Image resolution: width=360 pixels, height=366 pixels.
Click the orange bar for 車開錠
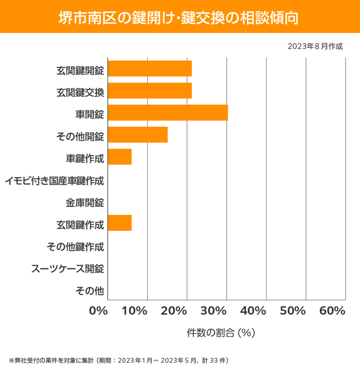(x=168, y=112)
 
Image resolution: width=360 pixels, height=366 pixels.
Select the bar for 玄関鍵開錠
(x=150, y=68)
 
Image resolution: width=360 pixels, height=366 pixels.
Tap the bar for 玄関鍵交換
(x=150, y=91)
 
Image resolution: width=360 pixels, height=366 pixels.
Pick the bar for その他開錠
(x=138, y=135)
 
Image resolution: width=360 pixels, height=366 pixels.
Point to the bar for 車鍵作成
(x=120, y=157)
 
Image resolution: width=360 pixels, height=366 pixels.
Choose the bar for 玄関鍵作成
(x=120, y=223)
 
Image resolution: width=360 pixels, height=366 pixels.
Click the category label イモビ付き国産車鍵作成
(x=55, y=181)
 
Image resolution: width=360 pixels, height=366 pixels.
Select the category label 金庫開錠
(x=85, y=203)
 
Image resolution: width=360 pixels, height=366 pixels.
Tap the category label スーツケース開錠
(x=68, y=269)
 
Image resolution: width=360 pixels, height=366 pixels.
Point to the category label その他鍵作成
(x=75, y=247)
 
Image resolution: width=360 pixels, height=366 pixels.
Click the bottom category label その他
(x=89, y=290)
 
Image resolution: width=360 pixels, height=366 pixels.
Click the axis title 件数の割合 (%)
(x=221, y=333)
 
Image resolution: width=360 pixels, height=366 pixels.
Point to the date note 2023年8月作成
(x=315, y=46)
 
